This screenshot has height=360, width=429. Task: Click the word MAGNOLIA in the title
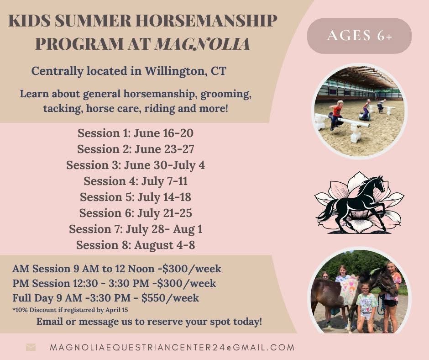(202, 44)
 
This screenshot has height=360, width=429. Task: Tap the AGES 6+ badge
(359, 36)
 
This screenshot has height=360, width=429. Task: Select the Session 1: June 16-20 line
(136, 133)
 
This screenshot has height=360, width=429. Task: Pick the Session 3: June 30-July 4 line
(136, 165)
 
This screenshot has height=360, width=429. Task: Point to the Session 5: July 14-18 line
(136, 197)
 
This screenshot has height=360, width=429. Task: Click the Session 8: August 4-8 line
(136, 245)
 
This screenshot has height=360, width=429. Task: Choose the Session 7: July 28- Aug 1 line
(136, 229)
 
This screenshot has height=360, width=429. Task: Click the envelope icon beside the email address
(31, 347)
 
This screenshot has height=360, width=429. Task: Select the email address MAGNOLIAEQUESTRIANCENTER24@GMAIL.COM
(172, 347)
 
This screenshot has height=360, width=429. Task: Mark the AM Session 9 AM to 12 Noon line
(117, 268)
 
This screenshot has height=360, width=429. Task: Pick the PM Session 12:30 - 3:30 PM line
(114, 283)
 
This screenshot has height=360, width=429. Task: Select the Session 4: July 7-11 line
(136, 181)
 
